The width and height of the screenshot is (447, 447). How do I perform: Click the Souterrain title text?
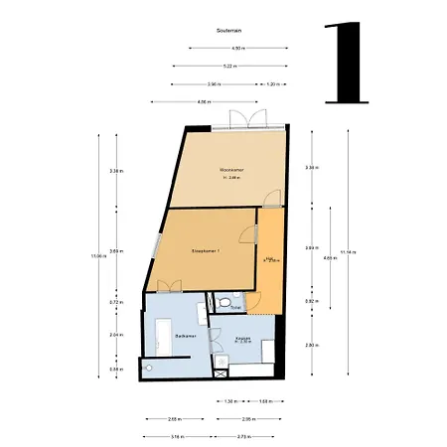[228, 31]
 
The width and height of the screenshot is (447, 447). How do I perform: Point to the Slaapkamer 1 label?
[205, 253]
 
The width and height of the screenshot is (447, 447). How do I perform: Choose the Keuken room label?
[243, 339]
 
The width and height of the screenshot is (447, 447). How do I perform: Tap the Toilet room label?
[235, 308]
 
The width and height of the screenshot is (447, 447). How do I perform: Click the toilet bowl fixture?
[225, 301]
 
